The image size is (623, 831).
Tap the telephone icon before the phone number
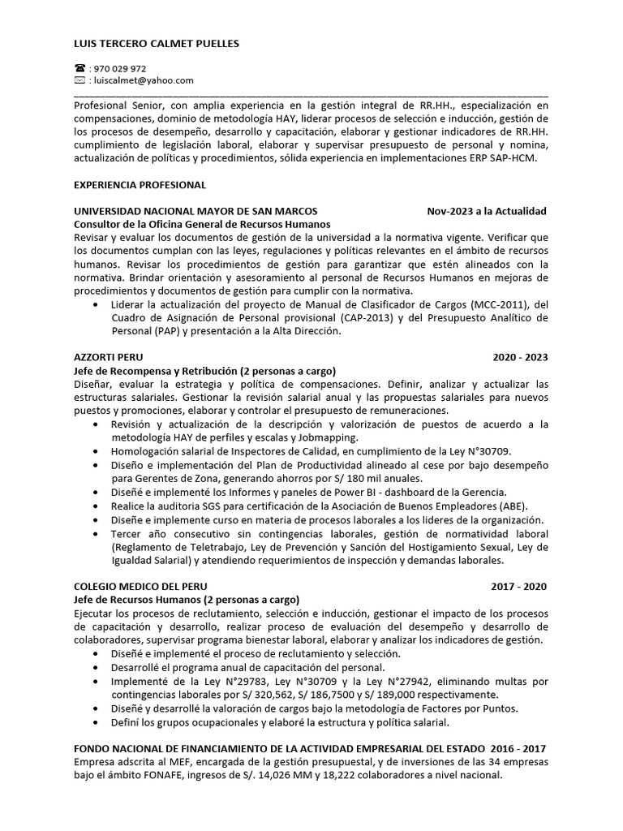pos(79,69)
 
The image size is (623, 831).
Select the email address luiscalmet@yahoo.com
pos(145,80)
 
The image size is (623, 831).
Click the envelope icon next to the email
pos(79,80)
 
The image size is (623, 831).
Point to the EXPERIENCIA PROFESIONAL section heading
pos(140,185)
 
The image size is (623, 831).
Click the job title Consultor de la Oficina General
pos(202,225)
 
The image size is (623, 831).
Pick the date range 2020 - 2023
pos(520,357)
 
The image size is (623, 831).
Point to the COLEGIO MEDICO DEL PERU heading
pos(140,586)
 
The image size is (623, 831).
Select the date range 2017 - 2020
pos(519,586)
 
